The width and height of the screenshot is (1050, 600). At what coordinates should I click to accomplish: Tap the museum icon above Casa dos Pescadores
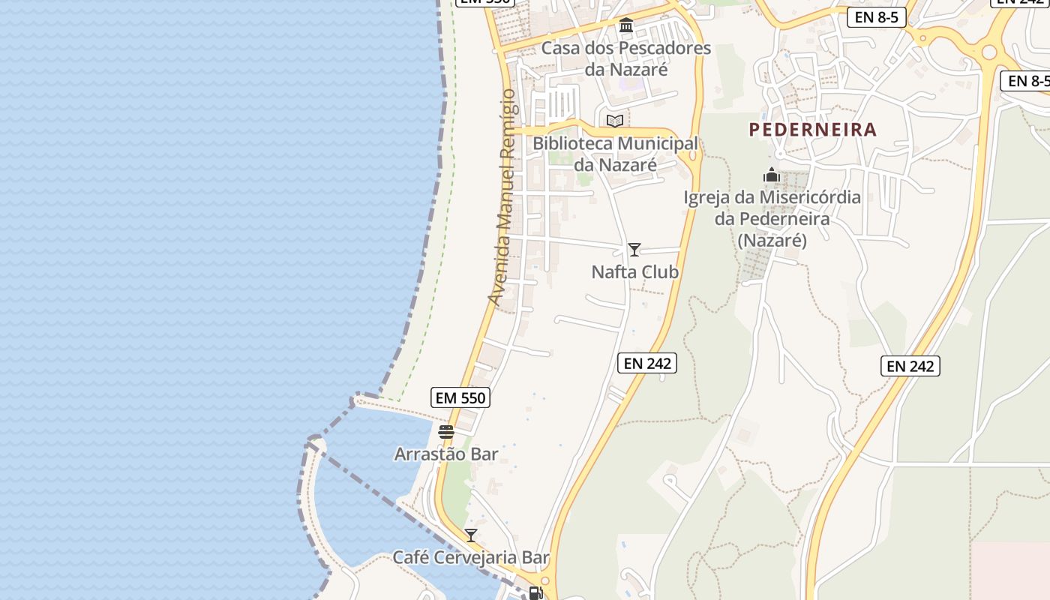tap(626, 26)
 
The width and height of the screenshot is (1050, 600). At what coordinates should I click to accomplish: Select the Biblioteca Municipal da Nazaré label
tap(615, 154)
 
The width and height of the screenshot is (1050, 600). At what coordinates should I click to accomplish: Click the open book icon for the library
tap(615, 121)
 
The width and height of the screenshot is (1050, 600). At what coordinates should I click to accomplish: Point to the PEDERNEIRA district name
tap(812, 130)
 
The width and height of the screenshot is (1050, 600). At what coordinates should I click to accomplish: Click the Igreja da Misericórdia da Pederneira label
tap(772, 218)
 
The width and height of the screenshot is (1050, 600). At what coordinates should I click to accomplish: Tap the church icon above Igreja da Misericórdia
tap(772, 176)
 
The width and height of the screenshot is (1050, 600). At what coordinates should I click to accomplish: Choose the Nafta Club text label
tap(634, 271)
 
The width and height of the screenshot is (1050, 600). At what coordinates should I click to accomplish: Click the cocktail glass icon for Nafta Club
tap(634, 249)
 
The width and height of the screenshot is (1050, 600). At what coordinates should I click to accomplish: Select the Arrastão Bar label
tap(446, 454)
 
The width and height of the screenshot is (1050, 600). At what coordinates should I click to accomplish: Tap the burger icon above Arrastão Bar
tap(446, 432)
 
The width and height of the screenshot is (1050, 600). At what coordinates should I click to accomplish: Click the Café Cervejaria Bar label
tap(471, 557)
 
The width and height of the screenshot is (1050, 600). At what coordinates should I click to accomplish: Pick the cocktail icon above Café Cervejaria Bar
tap(471, 535)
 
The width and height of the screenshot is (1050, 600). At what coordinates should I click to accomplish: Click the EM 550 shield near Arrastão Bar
tap(461, 397)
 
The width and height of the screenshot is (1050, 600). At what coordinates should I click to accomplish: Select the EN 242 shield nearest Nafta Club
tap(647, 363)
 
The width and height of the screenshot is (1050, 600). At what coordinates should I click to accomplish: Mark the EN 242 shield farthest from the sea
tap(910, 366)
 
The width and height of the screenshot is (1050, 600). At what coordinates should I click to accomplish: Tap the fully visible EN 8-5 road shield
tap(877, 17)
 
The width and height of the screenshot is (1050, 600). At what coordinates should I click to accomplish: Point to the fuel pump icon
tap(535, 593)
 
